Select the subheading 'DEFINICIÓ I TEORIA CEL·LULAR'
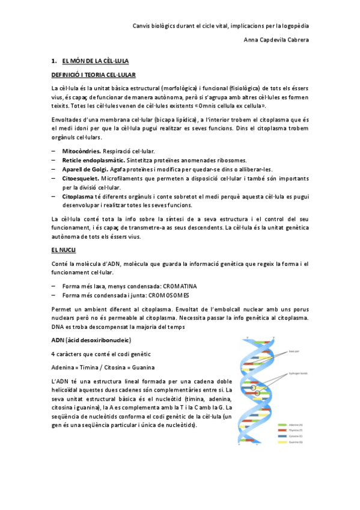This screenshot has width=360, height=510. [93, 75]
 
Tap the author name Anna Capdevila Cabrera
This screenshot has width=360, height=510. [276, 40]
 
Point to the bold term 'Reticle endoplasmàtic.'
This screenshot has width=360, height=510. [93, 161]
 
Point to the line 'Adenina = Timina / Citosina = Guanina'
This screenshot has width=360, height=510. [103, 367]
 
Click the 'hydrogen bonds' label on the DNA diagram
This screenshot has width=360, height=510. [299, 373]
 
